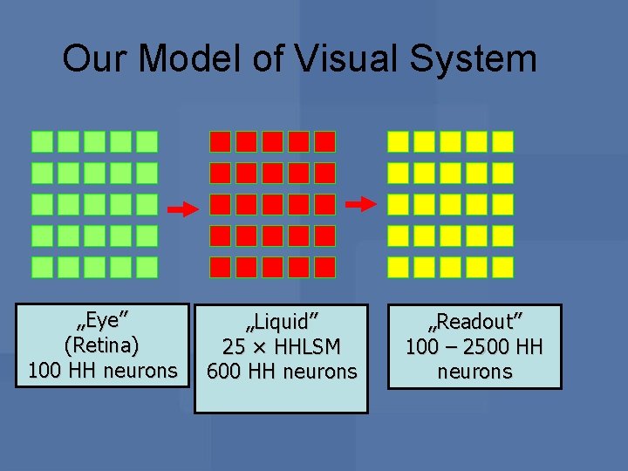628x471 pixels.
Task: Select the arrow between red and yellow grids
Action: (360, 204)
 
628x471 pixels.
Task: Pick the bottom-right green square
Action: (147, 267)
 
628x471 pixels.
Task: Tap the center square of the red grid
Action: (273, 204)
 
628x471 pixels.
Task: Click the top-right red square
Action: (324, 141)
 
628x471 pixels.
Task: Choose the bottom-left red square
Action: (221, 267)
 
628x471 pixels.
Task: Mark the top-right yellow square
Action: (502, 141)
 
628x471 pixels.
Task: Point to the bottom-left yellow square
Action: (399, 267)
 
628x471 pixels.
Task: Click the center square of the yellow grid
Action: (450, 204)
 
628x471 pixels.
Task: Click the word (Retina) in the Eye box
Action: (102, 346)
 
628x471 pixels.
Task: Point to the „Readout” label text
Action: (474, 322)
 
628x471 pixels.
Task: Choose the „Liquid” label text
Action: (281, 322)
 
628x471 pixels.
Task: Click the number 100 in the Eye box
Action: (44, 371)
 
